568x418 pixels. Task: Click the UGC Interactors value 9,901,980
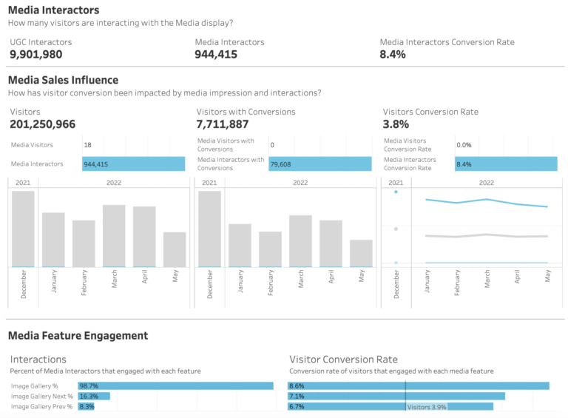(35, 55)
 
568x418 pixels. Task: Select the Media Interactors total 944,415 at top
(216, 55)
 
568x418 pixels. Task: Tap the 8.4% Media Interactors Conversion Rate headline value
(393, 55)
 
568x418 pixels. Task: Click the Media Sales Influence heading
(63, 80)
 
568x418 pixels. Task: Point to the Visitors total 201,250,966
(42, 124)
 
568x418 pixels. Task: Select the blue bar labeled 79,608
(319, 164)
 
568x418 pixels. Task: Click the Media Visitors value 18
(88, 145)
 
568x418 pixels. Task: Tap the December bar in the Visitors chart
(23, 229)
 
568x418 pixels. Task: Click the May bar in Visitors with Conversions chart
(361, 253)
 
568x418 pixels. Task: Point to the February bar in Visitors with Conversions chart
(270, 249)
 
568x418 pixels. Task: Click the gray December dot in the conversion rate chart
(396, 229)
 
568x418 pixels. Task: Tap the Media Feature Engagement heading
(78, 336)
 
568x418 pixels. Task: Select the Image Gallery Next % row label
(41, 397)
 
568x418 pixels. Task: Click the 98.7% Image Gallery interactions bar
(175, 386)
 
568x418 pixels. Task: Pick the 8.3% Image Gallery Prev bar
(87, 406)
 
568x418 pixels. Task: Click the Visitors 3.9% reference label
(427, 407)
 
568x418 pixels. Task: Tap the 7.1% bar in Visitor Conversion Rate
(396, 397)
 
